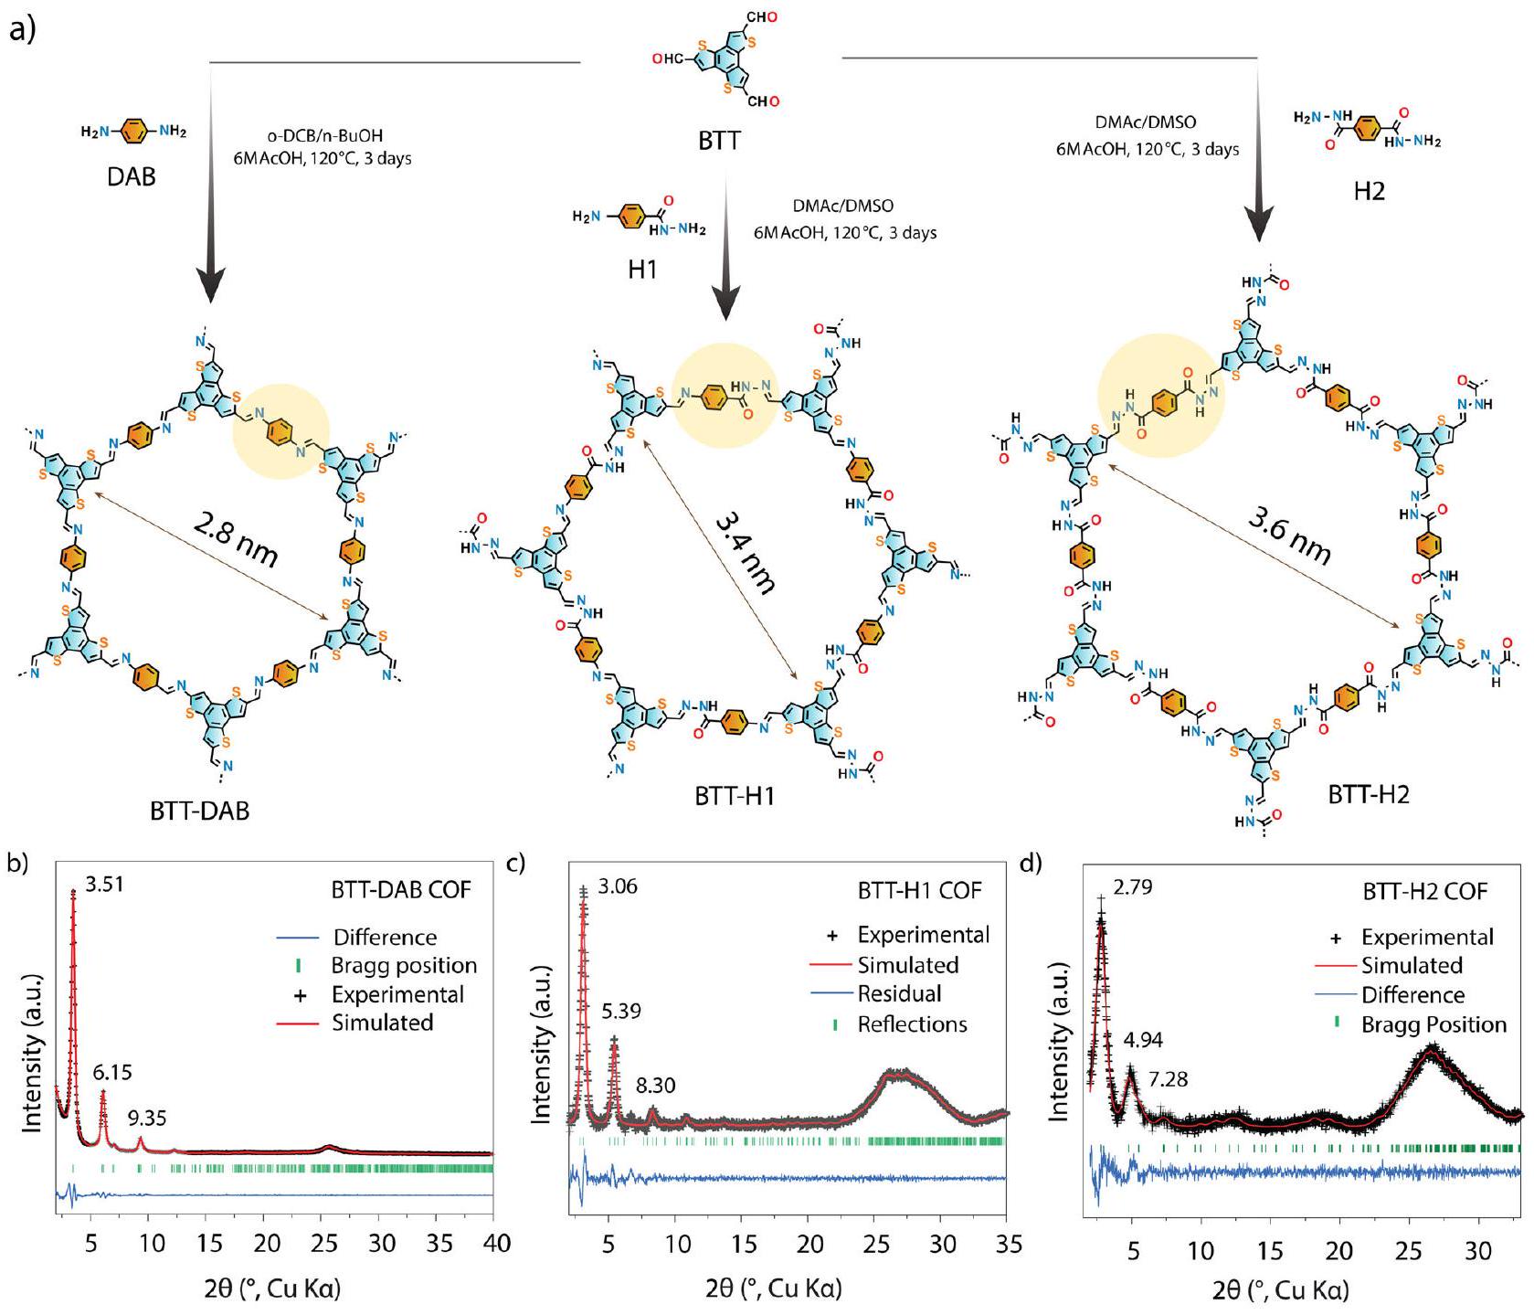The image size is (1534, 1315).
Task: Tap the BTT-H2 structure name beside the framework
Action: point(1368,794)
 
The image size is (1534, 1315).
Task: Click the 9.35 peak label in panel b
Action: point(147,1117)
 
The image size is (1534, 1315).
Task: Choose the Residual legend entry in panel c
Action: point(899,993)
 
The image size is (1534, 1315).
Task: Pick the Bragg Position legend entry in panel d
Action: point(1433,1024)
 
